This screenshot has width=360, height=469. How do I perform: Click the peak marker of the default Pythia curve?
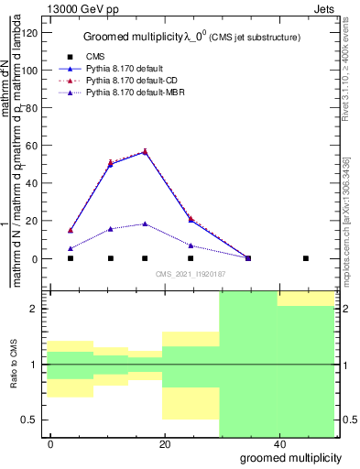[x=145, y=152]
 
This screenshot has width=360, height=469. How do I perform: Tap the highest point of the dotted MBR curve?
[x=145, y=224]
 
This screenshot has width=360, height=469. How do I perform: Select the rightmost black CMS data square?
[x=306, y=258]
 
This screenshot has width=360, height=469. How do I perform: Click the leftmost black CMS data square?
[x=71, y=258]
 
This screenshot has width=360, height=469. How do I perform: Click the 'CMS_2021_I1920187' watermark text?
[x=191, y=274]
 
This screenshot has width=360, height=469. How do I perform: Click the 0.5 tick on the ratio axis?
[x=31, y=420]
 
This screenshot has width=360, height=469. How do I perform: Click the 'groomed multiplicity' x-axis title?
[x=291, y=457]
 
